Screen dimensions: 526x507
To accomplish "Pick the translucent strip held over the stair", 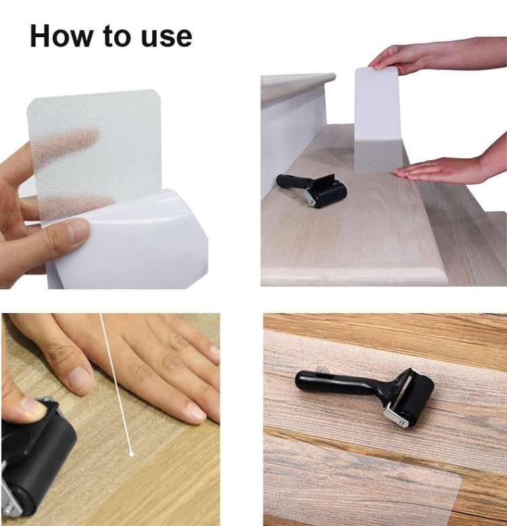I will (x=378, y=122).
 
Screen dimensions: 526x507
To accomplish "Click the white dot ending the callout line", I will (x=131, y=453).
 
